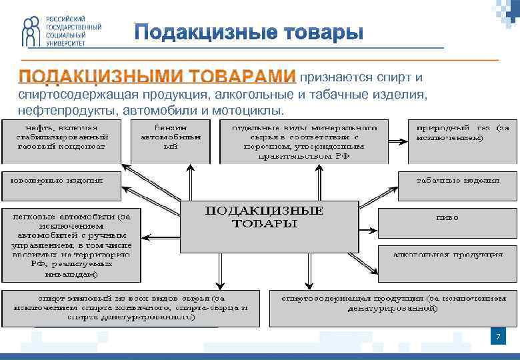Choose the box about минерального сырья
click(x=304, y=141)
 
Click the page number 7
click(x=497, y=338)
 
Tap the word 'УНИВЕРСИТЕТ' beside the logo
click(x=65, y=43)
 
